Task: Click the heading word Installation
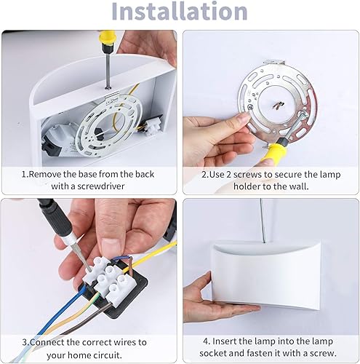[180, 12]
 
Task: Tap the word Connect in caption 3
[49, 341]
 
